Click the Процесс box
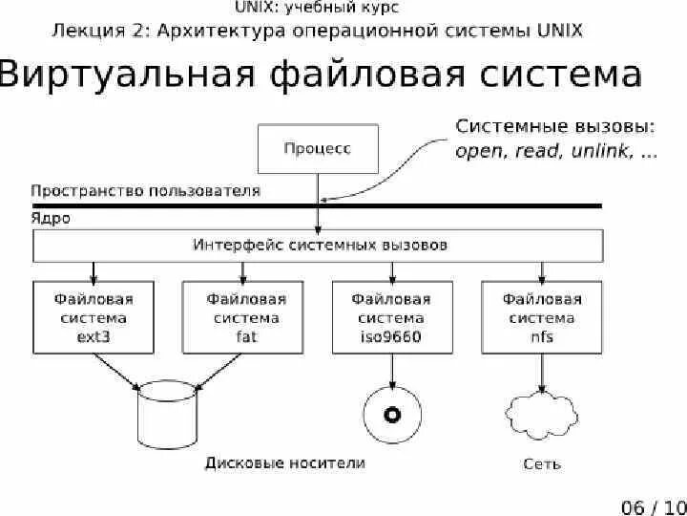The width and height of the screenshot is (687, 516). tap(318, 148)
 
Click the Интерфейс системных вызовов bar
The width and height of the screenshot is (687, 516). tap(320, 246)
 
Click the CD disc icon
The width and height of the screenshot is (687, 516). tap(391, 414)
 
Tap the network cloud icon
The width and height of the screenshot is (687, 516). tap(542, 414)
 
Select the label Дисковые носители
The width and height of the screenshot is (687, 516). tap(284, 463)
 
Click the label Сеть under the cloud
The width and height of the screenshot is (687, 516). tap(542, 464)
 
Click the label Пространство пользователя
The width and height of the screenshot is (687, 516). tap(145, 190)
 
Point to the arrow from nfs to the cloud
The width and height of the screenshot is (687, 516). tap(542, 371)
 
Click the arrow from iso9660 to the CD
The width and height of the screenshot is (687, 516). tap(391, 371)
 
